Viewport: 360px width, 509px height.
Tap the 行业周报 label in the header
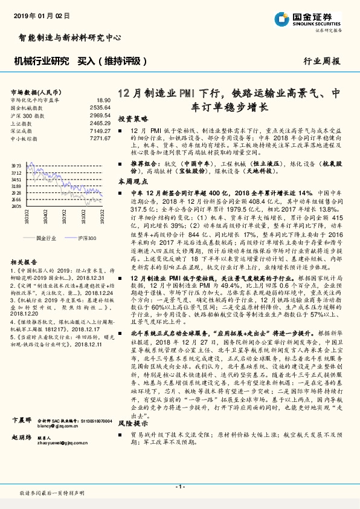[x=321, y=61]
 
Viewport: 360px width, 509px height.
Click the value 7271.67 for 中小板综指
[x=100, y=138]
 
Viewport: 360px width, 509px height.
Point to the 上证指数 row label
[x=22, y=122]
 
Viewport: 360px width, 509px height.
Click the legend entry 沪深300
[x=86, y=238]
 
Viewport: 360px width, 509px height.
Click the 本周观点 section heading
[x=133, y=181]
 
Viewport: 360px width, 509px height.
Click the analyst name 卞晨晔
[x=22, y=436]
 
